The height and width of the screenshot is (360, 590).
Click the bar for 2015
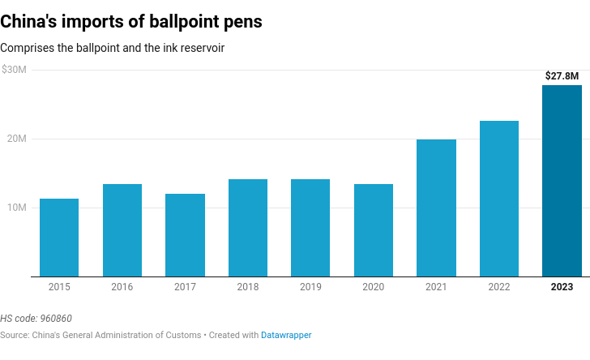coord(59,238)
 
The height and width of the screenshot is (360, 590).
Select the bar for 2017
coord(185,235)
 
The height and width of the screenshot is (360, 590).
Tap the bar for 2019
coord(310,228)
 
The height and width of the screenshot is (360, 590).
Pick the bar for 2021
coord(436,208)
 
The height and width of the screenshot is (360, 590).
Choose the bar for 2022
coord(499,199)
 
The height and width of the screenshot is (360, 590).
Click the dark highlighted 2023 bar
coord(562,181)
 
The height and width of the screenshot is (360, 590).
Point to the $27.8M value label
coord(562,76)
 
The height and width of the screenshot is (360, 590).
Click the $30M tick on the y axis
coord(14,70)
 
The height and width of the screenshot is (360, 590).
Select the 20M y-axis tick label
coord(16,139)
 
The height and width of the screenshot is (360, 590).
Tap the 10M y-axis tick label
coord(16,208)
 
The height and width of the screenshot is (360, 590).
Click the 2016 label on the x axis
coord(122,287)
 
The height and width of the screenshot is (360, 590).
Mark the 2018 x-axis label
coord(248,287)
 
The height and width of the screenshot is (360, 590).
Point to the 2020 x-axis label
coord(374,287)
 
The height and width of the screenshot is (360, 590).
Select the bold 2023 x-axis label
coord(562,287)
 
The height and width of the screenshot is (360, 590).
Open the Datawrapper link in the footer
coord(286,335)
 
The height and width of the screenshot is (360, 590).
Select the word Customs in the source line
coord(182,335)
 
